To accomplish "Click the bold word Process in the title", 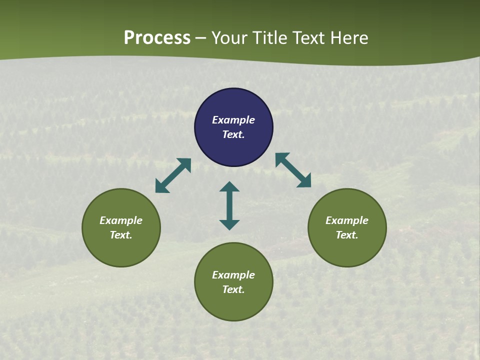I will pyautogui.click(x=157, y=38).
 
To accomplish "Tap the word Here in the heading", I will pyautogui.click(x=349, y=38).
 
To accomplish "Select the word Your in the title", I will pyautogui.click(x=229, y=38).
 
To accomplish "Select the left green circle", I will pyautogui.click(x=121, y=250).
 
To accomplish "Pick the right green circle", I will pyautogui.click(x=347, y=250).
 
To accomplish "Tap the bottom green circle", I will pyautogui.click(x=233, y=305).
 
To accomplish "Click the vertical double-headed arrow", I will pyautogui.click(x=229, y=205).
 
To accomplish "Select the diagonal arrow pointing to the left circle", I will pyautogui.click(x=173, y=175).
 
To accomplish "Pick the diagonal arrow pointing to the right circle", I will pyautogui.click(x=293, y=170).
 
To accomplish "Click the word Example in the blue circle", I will pyautogui.click(x=233, y=120).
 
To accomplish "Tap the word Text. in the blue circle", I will pyautogui.click(x=233, y=134).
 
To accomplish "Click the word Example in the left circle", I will pyautogui.click(x=121, y=220).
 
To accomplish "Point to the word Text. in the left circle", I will pyautogui.click(x=121, y=235).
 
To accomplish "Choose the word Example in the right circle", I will pyautogui.click(x=347, y=220).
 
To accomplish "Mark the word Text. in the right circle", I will pyautogui.click(x=347, y=235).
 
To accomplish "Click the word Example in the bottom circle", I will pyautogui.click(x=233, y=275).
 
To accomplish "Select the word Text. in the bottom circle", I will pyautogui.click(x=233, y=289).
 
